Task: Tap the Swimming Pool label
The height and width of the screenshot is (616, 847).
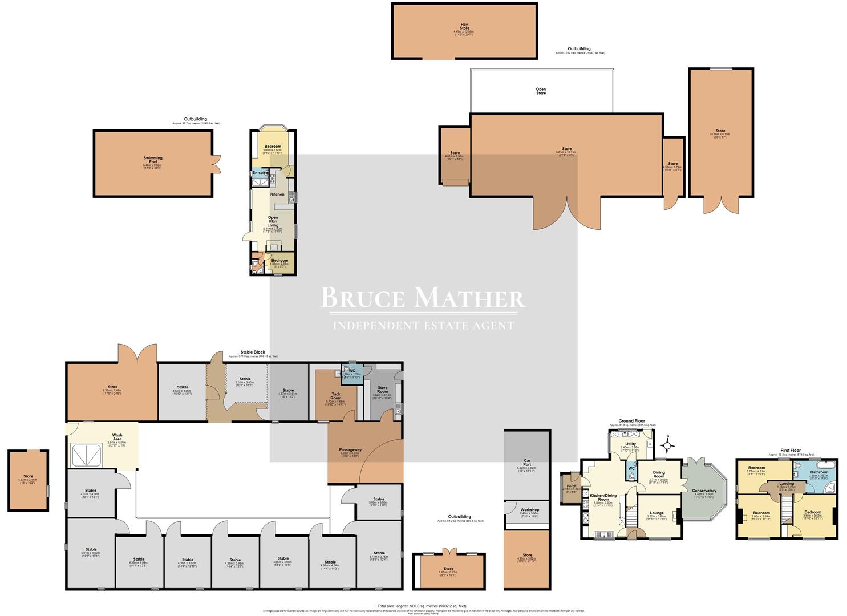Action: pyautogui.click(x=153, y=160)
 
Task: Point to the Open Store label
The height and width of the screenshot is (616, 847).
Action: pyautogui.click(x=541, y=91)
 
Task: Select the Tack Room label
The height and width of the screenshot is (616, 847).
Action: pyautogui.click(x=335, y=396)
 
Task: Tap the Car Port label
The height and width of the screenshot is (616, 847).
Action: pyautogui.click(x=527, y=463)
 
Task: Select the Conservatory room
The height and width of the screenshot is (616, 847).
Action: pyautogui.click(x=704, y=491)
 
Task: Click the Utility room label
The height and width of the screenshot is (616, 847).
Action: pyautogui.click(x=630, y=444)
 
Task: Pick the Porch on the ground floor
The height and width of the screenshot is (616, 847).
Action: pyautogui.click(x=571, y=487)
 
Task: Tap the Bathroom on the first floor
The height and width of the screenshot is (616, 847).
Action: pyautogui.click(x=819, y=472)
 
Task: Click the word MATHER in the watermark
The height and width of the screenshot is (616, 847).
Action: pyautogui.click(x=469, y=298)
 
